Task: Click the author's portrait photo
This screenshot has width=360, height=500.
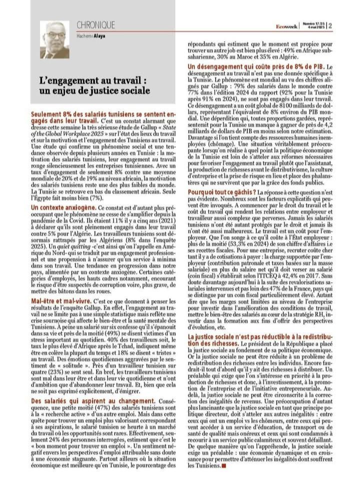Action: pos(55,39)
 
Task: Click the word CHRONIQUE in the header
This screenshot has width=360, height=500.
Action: pos(96,25)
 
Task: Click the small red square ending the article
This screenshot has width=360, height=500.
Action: pos(224,465)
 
